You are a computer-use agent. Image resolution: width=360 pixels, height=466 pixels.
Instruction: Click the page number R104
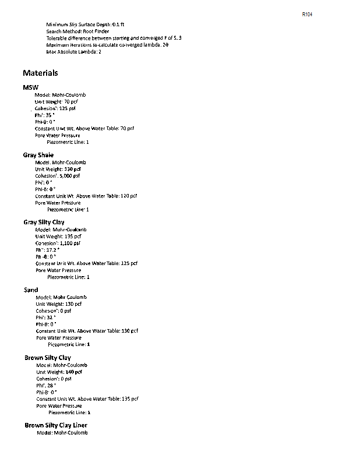[x=308, y=14]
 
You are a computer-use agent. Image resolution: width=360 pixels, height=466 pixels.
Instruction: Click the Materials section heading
[x=40, y=73]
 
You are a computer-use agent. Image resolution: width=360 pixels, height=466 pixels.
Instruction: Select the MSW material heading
[x=31, y=87]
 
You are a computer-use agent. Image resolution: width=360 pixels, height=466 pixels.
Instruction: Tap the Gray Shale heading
[x=38, y=155]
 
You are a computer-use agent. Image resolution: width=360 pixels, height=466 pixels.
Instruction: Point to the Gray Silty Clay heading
[x=44, y=222]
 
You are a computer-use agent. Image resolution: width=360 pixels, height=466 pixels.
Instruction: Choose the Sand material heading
[x=31, y=290]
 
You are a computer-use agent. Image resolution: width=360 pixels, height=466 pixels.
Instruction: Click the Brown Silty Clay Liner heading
[x=56, y=425]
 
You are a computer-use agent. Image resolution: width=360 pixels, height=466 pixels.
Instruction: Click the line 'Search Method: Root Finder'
[x=77, y=31]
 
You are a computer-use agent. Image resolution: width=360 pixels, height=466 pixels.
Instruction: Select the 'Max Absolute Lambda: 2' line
[x=74, y=52]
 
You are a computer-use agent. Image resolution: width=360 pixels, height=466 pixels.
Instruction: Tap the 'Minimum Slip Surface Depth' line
[x=85, y=24]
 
